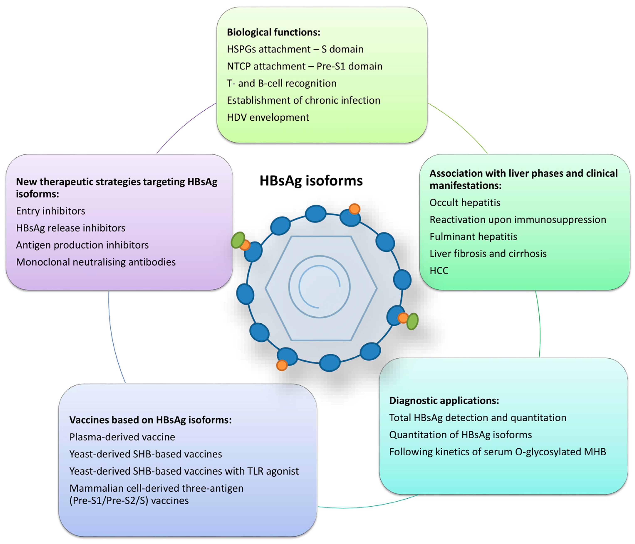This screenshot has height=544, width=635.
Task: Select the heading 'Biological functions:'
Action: [273, 32]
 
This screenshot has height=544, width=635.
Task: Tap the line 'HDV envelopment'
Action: [268, 117]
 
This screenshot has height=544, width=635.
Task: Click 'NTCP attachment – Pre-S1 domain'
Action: [304, 66]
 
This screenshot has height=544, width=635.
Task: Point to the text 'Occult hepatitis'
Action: [465, 203]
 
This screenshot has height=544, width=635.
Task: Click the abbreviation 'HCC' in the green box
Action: [439, 271]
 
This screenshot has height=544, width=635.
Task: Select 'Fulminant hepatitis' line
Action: [473, 237]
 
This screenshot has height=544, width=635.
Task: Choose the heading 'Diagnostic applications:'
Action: [444, 401]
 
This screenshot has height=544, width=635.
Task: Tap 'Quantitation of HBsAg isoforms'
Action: [460, 435]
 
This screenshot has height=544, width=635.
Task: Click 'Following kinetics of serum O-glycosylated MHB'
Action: [497, 452]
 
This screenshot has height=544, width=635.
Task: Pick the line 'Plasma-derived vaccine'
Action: [122, 437]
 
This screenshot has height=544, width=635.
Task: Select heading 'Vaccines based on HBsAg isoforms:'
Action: [150, 420]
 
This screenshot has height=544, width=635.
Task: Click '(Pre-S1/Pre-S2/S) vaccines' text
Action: [129, 501]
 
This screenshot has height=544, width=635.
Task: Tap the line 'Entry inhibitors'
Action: [51, 211]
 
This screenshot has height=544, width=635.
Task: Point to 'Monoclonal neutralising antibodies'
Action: [96, 262]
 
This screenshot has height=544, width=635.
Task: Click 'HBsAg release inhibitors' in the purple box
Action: [71, 228]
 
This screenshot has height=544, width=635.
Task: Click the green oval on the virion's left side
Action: [238, 240]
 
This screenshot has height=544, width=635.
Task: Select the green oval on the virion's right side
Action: [412, 321]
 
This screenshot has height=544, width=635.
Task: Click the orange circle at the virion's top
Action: [354, 209]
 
